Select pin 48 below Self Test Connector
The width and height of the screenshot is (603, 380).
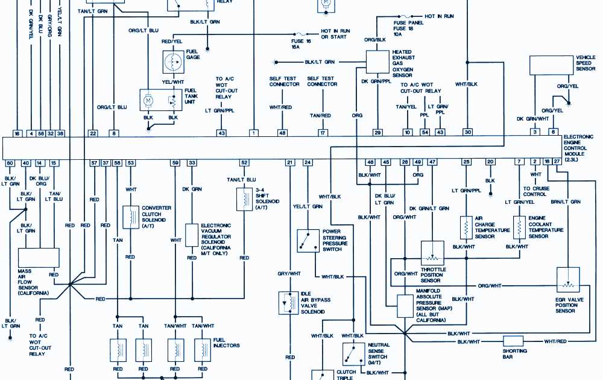(282, 132)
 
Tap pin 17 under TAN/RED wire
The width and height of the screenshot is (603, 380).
(323, 132)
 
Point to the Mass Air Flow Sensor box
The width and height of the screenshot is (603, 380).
(39, 258)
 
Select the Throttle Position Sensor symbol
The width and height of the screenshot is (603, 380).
(432, 252)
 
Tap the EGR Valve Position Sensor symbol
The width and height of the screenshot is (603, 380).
(568, 279)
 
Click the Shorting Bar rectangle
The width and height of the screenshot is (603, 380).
(513, 341)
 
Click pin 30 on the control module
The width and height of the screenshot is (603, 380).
(467, 132)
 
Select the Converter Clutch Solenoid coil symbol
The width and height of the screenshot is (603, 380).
(130, 217)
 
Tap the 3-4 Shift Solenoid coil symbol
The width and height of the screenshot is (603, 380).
(245, 198)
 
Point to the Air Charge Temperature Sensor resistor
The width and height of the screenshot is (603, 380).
(466, 227)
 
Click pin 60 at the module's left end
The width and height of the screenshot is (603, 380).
(10, 163)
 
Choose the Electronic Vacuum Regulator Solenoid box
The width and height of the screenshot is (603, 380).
(192, 235)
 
